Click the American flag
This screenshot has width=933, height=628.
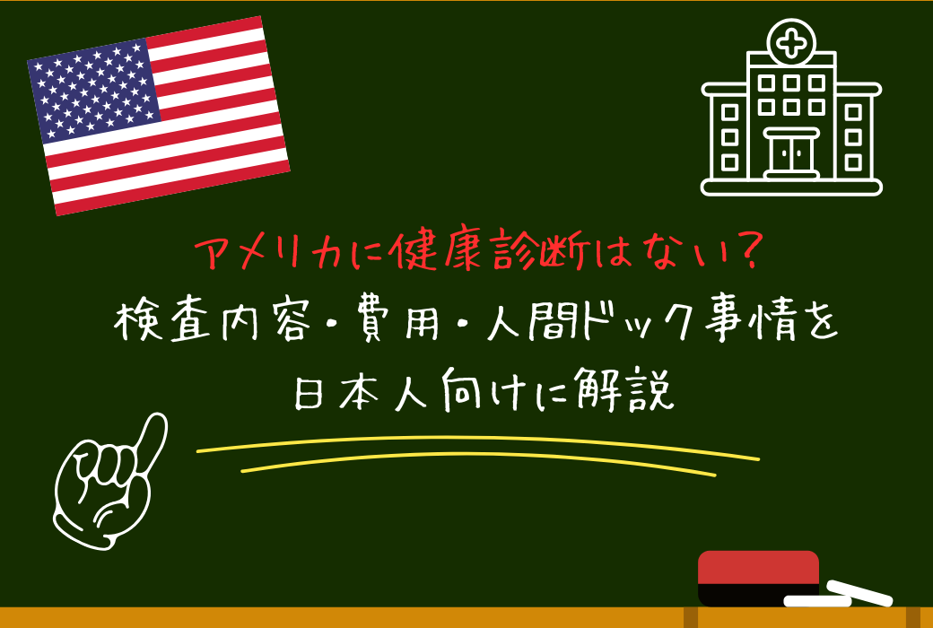click(159, 116)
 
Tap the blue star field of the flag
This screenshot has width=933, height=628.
click(95, 90)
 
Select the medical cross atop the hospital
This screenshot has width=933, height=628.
click(791, 41)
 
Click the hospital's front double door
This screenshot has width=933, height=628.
click(791, 153)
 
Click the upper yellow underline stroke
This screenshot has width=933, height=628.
click(475, 443)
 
